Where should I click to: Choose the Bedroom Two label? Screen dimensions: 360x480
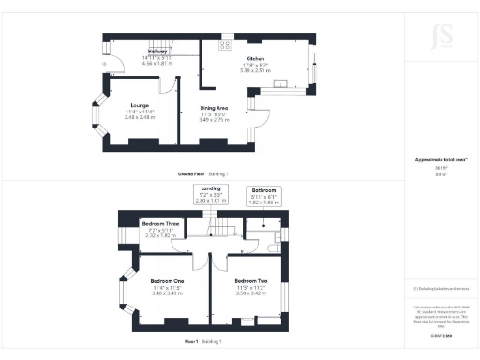252,282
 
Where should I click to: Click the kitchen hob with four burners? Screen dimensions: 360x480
225,44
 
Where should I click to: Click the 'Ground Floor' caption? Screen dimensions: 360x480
191,174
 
